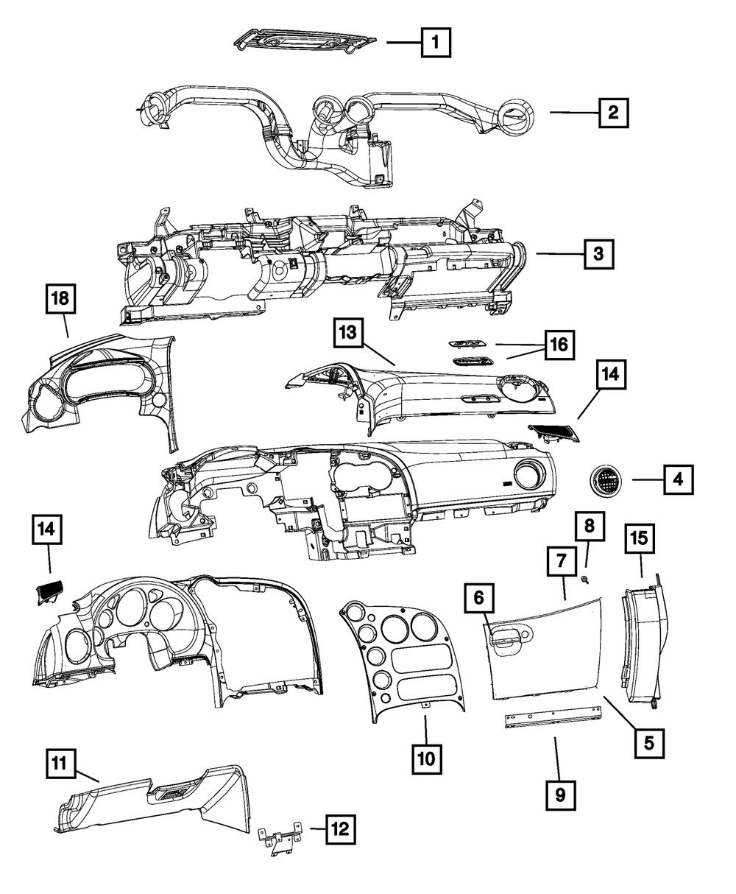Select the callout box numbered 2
pyautogui.click(x=613, y=113)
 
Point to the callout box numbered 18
pyautogui.click(x=62, y=299)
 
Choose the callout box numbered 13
pyautogui.click(x=347, y=334)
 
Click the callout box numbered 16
pyautogui.click(x=560, y=345)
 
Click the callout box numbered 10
pyautogui.click(x=426, y=756)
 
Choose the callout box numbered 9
pyautogui.click(x=560, y=795)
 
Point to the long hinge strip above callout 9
pyautogui.click(x=553, y=719)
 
